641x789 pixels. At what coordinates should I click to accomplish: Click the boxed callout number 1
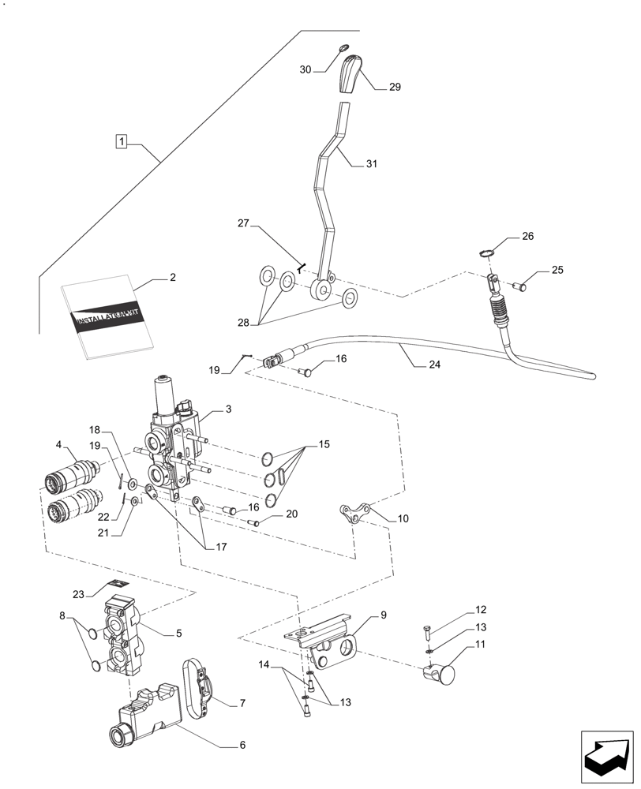click(121, 142)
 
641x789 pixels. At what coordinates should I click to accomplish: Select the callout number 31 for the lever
click(371, 164)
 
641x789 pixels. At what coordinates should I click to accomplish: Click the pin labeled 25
click(519, 287)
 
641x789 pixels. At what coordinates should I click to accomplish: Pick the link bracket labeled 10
click(354, 513)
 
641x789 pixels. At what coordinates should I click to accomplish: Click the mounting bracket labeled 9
click(328, 641)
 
